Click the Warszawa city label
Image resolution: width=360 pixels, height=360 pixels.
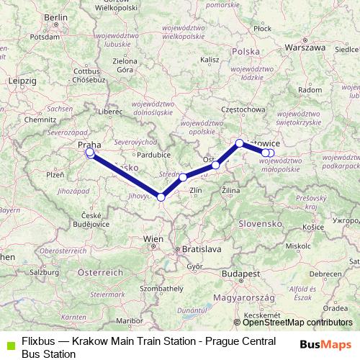pos(305,48)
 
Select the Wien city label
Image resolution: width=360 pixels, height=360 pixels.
pos(153,238)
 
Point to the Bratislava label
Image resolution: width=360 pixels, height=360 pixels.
pos(202,248)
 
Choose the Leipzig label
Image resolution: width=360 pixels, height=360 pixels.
pos(22,81)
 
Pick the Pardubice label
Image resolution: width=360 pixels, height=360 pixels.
pos(154,154)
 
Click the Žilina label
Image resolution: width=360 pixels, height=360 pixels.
pos(231,189)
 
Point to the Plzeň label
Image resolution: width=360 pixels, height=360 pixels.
pos(55,175)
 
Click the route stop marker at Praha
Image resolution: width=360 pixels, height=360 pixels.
pos(89,153)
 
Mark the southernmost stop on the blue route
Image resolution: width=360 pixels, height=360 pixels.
pos(161,197)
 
